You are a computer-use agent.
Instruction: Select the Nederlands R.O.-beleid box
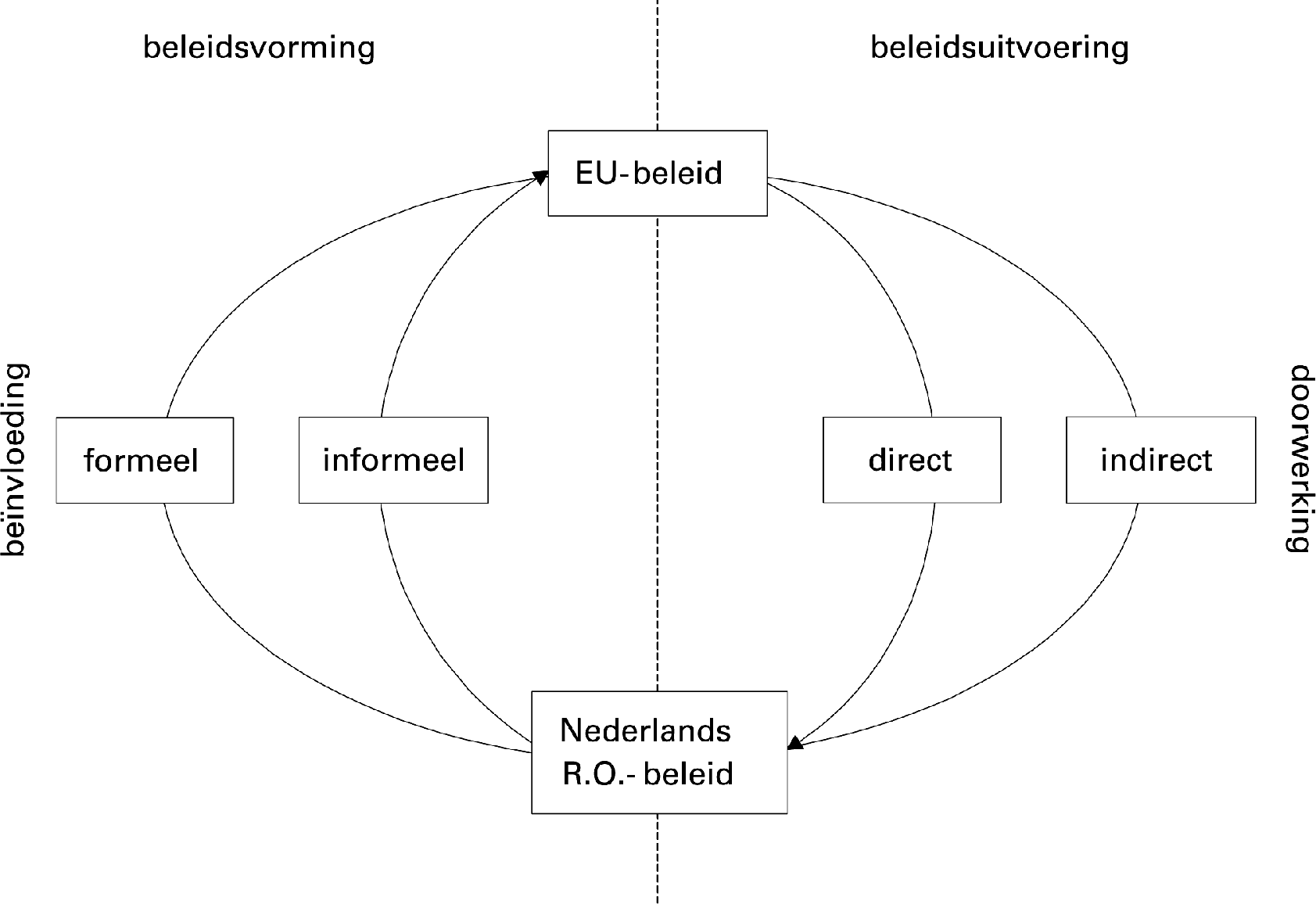[x=658, y=752]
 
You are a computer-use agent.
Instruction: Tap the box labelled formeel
[x=145, y=460]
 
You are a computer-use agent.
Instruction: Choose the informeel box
[x=393, y=460]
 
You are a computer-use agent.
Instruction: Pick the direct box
[x=911, y=460]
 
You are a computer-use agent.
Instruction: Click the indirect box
[x=1160, y=460]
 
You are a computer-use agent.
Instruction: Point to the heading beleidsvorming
[x=259, y=48]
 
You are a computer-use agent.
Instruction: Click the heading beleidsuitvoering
[x=999, y=48]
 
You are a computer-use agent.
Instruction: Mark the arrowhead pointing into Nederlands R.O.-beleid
[x=794, y=743]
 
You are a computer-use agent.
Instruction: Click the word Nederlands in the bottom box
[x=645, y=730]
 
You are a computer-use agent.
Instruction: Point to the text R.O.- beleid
[x=647, y=773]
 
